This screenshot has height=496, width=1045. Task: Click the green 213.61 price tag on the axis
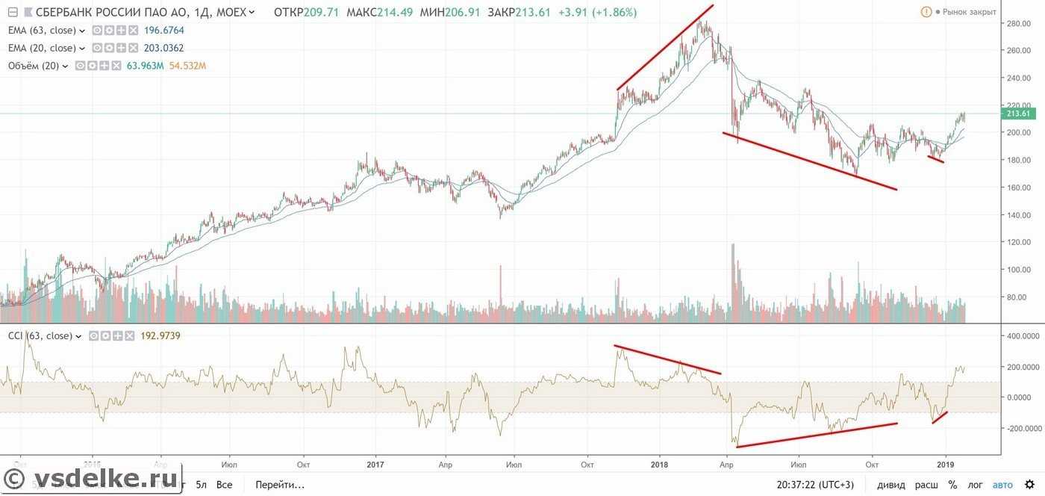tap(1019, 114)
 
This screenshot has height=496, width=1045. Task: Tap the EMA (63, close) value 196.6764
tap(164, 31)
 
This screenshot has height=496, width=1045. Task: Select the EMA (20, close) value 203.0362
tap(164, 48)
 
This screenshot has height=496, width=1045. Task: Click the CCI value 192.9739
tap(160, 336)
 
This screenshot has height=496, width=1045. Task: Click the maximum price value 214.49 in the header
tap(386, 13)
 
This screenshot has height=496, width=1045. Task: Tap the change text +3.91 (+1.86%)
tap(598, 13)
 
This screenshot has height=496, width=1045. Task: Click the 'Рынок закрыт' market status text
tap(969, 13)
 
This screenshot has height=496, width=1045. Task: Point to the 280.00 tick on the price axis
tap(1019, 24)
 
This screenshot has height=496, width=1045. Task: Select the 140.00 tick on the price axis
tap(1019, 215)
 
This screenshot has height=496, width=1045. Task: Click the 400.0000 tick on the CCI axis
tap(1023, 337)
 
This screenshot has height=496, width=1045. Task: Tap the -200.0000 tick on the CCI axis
tap(1021, 429)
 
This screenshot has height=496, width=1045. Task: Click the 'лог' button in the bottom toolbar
tap(976, 485)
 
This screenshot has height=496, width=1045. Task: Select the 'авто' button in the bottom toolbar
tap(1002, 485)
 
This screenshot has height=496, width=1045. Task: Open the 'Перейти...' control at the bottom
tap(279, 485)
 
